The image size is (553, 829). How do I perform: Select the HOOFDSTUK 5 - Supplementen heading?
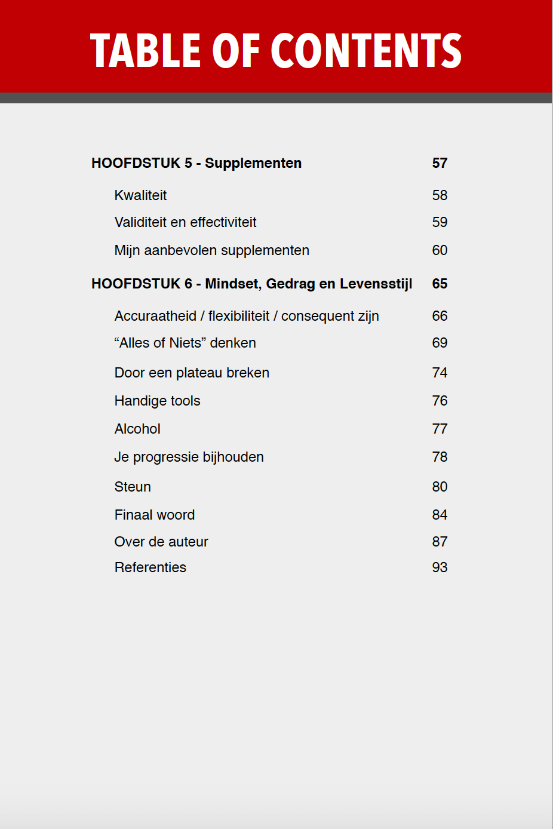pos(196,163)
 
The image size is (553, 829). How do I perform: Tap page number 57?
pos(440,163)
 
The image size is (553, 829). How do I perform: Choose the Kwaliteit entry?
pos(140,195)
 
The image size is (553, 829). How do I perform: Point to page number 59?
pos(440,222)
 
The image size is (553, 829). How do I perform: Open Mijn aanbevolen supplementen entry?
pos(211,250)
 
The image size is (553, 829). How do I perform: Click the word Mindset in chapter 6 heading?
pos(232,284)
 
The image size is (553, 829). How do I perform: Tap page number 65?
pos(440,284)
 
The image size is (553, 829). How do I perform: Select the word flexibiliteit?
pos(239,316)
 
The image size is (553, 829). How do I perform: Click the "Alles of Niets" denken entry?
pos(185,343)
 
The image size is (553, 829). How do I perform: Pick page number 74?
pos(440,373)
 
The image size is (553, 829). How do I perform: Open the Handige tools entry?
pos(157,401)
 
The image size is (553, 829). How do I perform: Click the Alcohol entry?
pos(137,429)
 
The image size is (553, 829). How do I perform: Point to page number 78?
pos(440,457)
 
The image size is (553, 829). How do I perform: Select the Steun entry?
pos(133,487)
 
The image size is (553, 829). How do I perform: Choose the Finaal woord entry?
pos(155,515)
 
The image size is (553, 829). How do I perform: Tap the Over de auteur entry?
pos(161,542)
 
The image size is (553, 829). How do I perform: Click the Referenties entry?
pos(150,567)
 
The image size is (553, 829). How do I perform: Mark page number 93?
pos(440,567)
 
